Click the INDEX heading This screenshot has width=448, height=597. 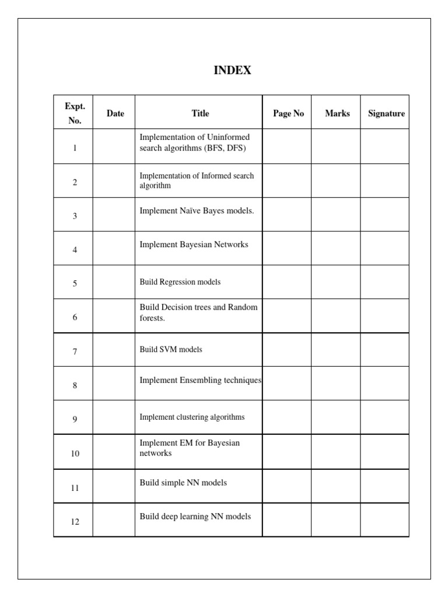232,71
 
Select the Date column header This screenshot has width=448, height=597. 116,113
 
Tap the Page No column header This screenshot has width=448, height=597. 288,113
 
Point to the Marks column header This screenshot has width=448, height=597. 337,113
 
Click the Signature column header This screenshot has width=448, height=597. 386,113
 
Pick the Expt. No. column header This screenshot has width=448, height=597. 75,113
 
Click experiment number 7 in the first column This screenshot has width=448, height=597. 75,351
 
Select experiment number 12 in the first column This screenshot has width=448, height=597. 75,522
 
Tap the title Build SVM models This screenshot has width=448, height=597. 171,350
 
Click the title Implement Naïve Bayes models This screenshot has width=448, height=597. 197,210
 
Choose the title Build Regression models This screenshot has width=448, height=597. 180,282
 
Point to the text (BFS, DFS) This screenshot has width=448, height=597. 225,148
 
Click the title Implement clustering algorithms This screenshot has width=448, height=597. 192,417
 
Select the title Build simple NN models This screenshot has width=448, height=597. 183,483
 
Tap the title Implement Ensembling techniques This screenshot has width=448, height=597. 200,380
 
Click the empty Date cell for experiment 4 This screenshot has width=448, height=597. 114,248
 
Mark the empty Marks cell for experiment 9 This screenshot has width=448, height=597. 335,417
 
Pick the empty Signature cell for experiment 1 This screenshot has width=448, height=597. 384,146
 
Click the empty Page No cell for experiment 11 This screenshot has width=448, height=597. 286,486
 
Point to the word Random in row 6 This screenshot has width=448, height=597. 243,307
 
